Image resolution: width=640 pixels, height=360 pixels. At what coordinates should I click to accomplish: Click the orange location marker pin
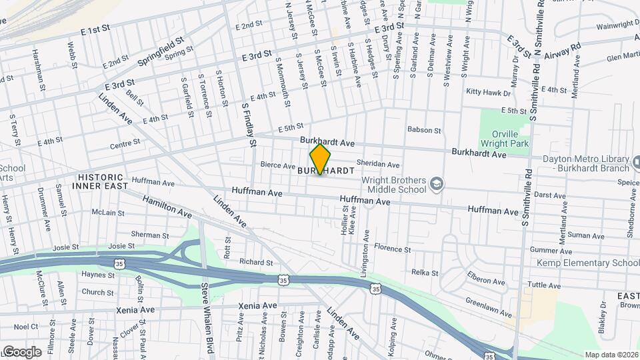320,159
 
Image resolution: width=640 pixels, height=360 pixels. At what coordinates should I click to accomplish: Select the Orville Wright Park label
499,138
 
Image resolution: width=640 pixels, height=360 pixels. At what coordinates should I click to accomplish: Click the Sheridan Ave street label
377,165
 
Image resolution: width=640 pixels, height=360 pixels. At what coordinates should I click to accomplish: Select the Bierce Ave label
277,165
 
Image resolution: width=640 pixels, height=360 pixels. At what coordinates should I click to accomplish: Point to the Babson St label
424,130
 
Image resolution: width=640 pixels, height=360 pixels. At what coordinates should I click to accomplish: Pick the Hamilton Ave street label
167,207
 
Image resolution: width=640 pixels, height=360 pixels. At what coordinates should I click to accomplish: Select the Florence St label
392,249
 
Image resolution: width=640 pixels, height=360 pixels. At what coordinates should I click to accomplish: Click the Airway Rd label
563,51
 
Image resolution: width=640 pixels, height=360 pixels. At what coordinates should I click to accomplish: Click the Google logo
21,351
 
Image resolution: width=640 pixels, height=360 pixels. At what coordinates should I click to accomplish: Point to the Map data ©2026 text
611,355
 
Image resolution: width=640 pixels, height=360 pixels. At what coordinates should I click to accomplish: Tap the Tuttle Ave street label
542,285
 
